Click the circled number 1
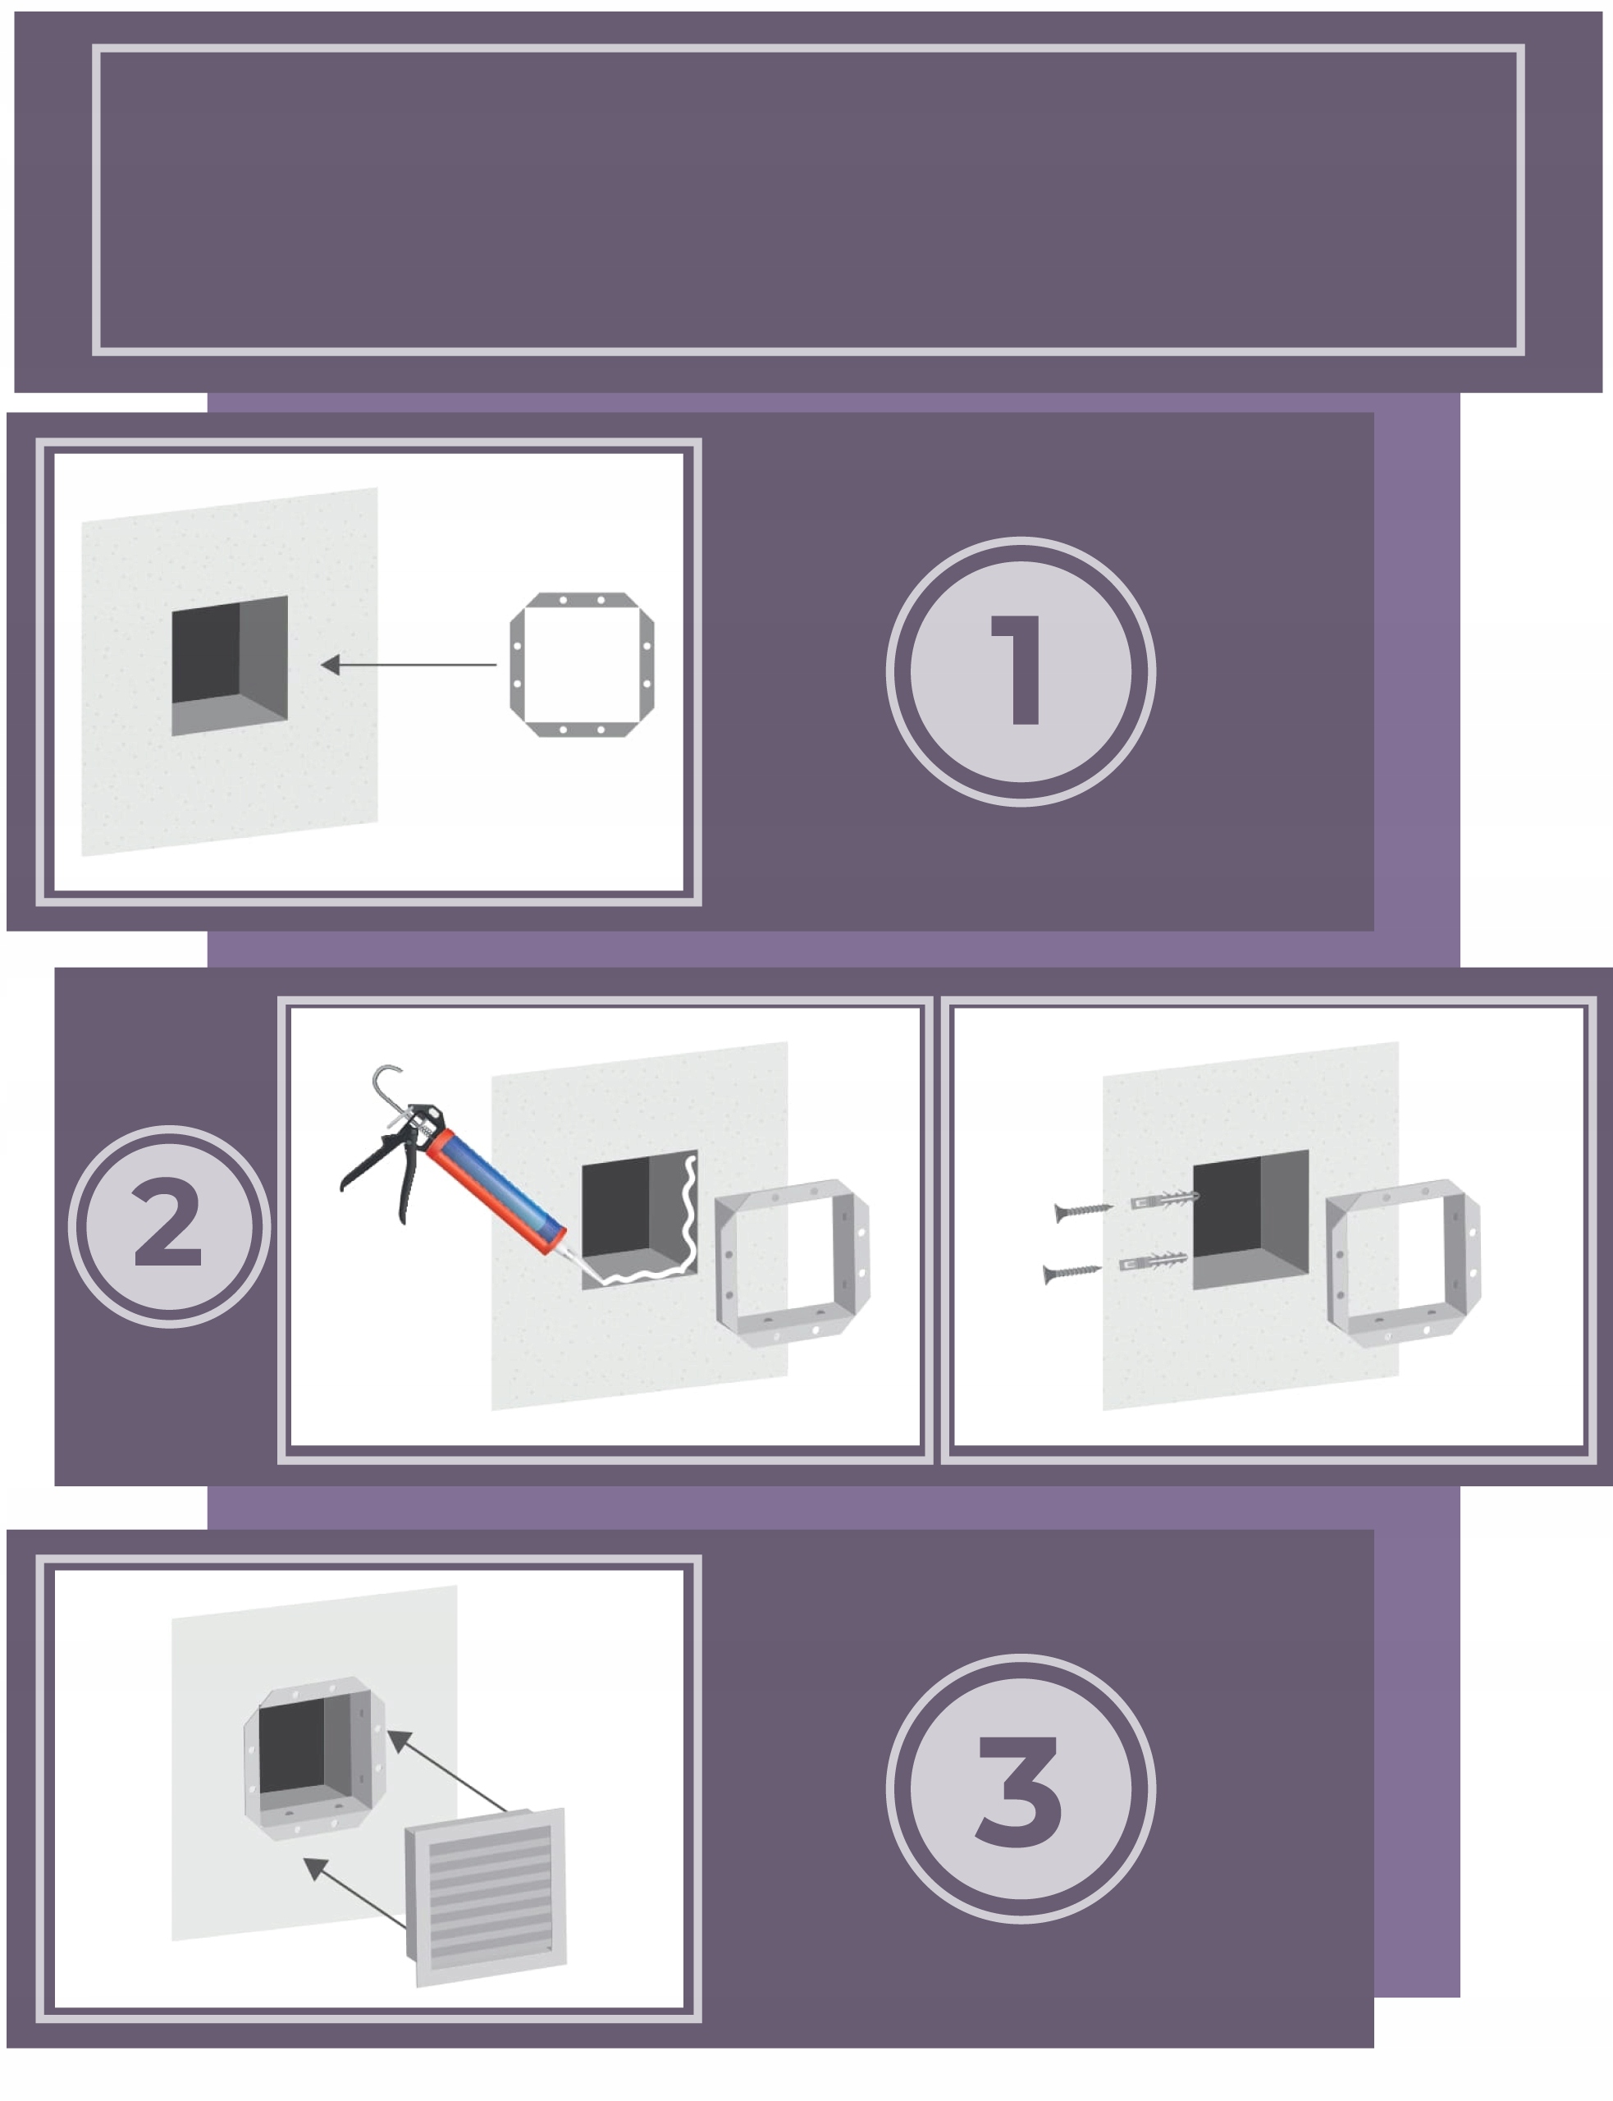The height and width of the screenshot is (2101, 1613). [x=1021, y=671]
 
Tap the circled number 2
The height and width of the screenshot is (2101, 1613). [x=169, y=1226]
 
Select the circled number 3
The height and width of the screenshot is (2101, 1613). [x=1021, y=1788]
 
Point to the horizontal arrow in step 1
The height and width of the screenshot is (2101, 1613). [x=408, y=665]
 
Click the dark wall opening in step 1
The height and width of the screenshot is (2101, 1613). [x=230, y=665]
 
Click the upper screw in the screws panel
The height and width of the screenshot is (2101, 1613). [x=1083, y=1211]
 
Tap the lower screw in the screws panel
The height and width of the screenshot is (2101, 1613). [x=1072, y=1272]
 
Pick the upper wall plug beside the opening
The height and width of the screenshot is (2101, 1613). [x=1164, y=1199]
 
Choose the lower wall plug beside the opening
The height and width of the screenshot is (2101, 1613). [x=1153, y=1261]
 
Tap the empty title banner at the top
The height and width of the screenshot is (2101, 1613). [x=808, y=199]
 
